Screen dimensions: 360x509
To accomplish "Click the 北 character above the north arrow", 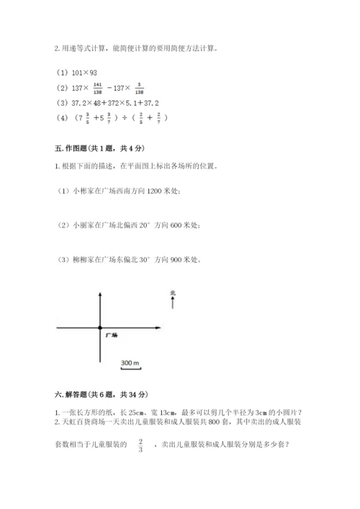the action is point(173,292).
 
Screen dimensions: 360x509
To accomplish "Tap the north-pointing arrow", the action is point(173,303).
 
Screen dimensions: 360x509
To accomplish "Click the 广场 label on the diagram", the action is point(111,335).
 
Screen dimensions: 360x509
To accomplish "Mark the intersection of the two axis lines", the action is point(99,328).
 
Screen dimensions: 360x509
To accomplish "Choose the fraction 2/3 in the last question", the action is point(140,445).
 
